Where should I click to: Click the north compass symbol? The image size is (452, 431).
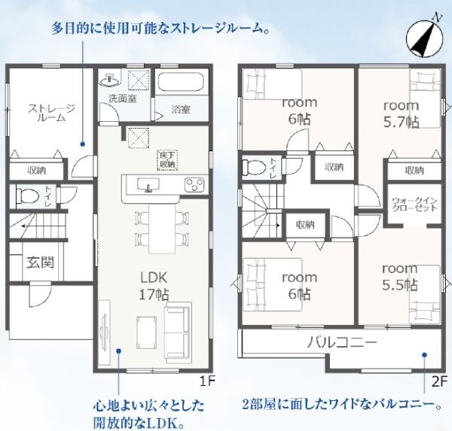(x=424, y=39)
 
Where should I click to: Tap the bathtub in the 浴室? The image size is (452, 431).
(x=181, y=82)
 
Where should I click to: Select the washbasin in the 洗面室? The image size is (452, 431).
(x=110, y=80)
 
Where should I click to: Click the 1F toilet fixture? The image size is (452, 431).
(x=28, y=196)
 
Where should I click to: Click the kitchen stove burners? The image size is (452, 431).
(x=194, y=184)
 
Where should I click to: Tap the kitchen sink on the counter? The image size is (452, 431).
(x=148, y=184)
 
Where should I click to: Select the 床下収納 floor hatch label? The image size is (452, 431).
(x=167, y=160)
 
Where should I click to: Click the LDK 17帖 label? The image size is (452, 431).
(x=154, y=286)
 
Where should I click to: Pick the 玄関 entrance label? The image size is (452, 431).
(x=41, y=263)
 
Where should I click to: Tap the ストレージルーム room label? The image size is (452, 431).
(x=51, y=113)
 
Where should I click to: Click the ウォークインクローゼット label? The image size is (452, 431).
(x=414, y=204)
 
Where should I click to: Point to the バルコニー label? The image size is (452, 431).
(x=342, y=342)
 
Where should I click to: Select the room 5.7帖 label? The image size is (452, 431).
(x=402, y=114)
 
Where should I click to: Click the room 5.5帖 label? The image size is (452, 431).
(x=400, y=277)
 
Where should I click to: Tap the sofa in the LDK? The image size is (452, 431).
(x=178, y=332)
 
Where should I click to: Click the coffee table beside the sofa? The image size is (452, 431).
(x=147, y=332)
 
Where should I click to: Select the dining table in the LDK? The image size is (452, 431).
(x=162, y=229)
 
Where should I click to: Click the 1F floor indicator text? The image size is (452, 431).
(x=207, y=381)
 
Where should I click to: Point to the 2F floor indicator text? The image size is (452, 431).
(x=439, y=382)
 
